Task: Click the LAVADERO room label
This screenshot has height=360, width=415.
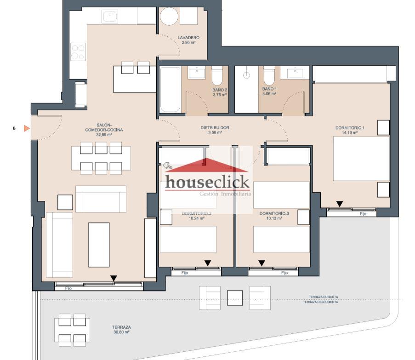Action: (188, 38)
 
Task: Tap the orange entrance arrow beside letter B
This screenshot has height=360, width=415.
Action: (27, 128)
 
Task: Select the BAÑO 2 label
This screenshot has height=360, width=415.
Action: (220, 90)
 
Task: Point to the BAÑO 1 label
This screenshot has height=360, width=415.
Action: (269, 89)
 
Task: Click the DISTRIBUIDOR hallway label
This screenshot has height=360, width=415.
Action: (215, 128)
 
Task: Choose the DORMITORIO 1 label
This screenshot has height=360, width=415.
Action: (350, 128)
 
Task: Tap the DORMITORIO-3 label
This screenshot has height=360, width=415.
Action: (274, 213)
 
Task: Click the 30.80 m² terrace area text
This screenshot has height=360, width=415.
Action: (121, 332)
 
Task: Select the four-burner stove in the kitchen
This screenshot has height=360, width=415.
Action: (78, 52)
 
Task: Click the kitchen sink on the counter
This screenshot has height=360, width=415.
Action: (110, 17)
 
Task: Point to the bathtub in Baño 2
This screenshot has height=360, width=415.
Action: (171, 90)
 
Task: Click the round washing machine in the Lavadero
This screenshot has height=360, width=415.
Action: (169, 17)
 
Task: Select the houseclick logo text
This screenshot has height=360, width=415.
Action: (208, 182)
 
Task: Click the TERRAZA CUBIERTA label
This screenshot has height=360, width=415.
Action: (324, 297)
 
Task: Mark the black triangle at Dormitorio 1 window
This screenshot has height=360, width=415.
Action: (340, 204)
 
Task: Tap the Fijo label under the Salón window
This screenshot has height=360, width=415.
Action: (68, 288)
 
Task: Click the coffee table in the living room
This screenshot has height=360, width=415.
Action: (99, 245)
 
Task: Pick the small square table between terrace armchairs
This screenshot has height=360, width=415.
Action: (235, 298)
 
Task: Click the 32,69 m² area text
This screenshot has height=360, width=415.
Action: (104, 134)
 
